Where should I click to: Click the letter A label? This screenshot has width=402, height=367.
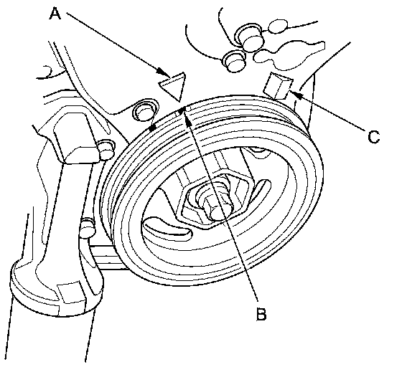tap(55, 14)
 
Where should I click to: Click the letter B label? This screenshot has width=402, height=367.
tap(261, 314)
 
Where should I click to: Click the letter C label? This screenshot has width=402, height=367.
tap(373, 137)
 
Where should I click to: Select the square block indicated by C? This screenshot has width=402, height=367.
tap(279, 85)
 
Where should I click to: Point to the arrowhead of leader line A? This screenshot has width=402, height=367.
tap(164, 72)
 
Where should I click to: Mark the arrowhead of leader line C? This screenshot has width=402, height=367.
tap(295, 94)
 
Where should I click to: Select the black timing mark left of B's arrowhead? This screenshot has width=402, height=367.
tap(152, 128)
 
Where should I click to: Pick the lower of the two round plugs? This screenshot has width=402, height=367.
tap(234, 61)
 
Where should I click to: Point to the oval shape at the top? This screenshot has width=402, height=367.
tap(278, 26)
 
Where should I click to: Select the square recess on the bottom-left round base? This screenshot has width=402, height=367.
tap(70, 292)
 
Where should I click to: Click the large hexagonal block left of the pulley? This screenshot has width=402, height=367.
tap(76, 138)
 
